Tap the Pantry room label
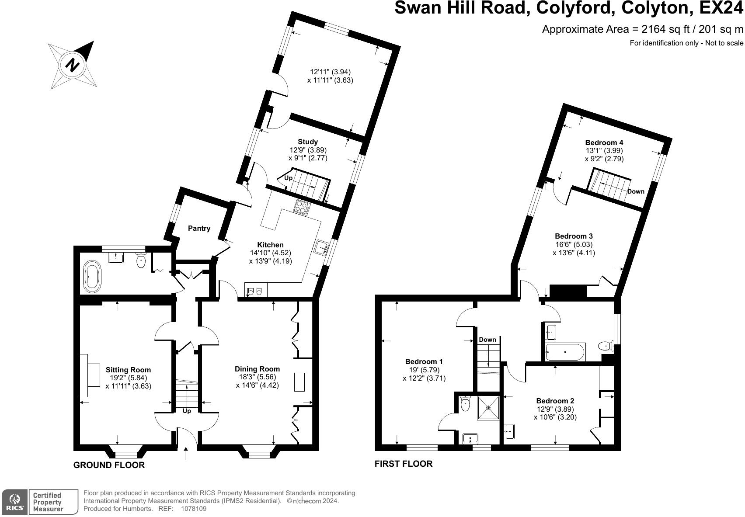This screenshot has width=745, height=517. [199, 228]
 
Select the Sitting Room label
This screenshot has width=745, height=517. [128, 370]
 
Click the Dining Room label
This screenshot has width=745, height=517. [257, 369]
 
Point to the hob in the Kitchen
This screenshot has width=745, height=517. [302, 208]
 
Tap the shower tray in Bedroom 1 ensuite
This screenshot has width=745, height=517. [488, 407]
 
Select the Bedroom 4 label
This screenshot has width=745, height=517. [604, 142]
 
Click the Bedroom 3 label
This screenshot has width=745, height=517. [574, 236]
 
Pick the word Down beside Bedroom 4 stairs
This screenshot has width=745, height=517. [636, 191]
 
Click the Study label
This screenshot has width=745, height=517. [308, 142]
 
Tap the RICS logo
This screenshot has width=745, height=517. [14, 502]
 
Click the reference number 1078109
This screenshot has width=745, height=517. [194, 509]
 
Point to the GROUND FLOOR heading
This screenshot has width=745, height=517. [109, 465]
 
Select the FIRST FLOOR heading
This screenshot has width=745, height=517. [404, 464]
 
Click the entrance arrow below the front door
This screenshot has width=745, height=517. [186, 454]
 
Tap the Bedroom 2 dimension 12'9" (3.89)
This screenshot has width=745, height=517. [555, 409]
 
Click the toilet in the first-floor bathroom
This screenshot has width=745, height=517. [606, 347]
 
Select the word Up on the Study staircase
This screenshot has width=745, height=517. [289, 178]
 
